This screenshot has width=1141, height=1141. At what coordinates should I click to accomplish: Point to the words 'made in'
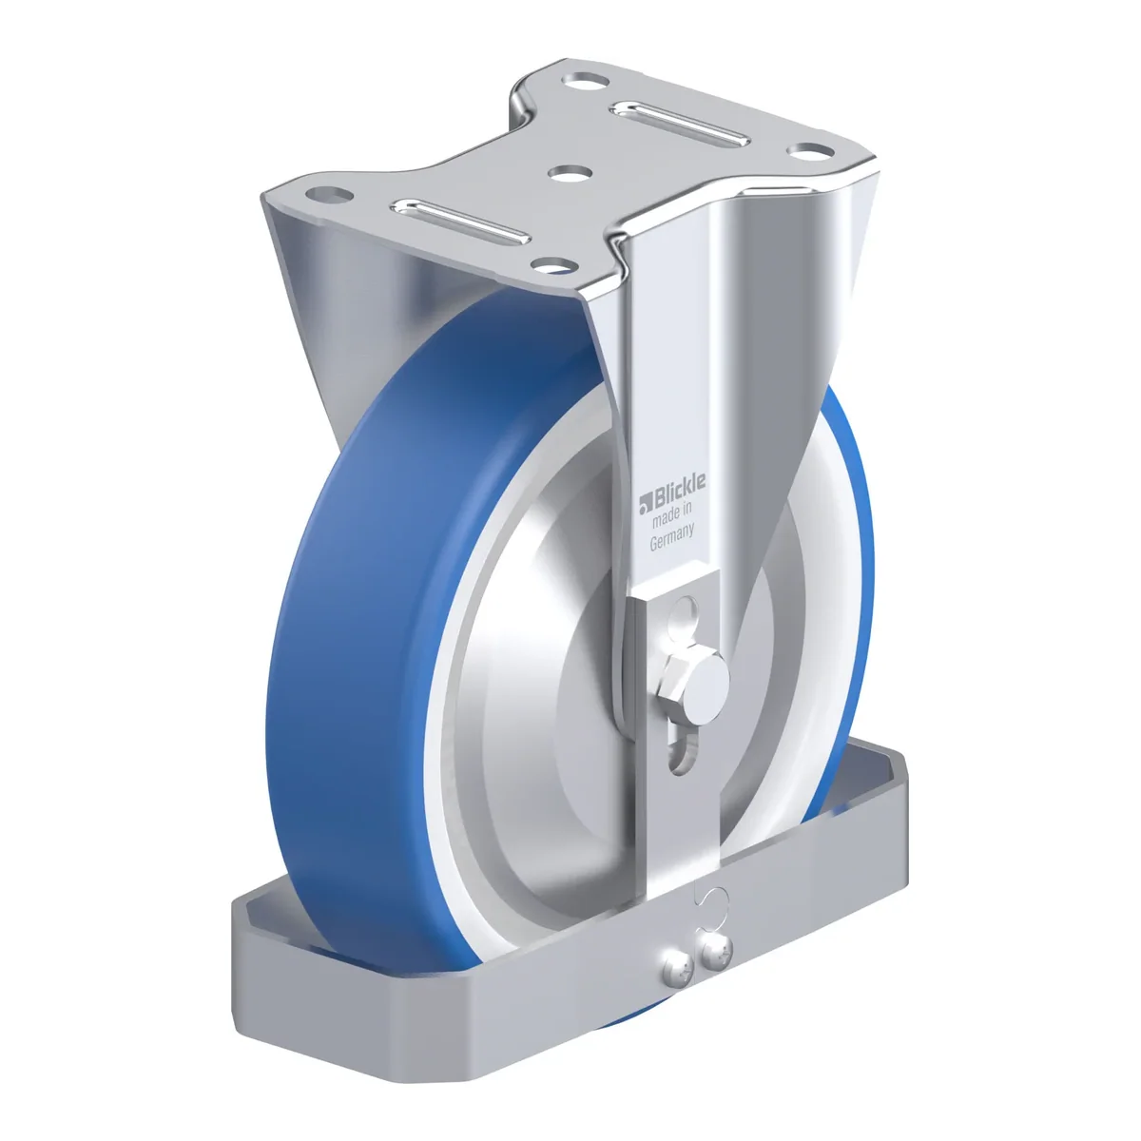(671, 514)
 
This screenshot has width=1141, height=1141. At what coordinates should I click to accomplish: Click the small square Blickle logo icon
(645, 505)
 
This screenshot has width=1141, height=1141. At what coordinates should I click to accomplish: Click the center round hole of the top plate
(570, 173)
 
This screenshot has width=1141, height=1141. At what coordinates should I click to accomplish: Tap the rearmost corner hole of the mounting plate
(587, 81)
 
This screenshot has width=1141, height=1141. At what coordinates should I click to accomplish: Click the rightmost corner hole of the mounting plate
(813, 150)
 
